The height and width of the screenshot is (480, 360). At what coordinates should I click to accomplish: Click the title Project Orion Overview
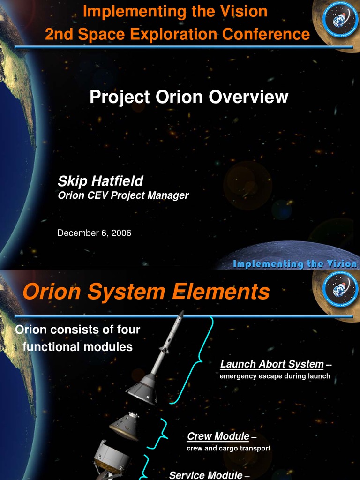click(x=189, y=97)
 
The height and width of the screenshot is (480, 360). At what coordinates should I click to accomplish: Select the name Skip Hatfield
click(x=100, y=181)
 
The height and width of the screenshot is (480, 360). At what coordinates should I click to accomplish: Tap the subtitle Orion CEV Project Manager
click(x=123, y=195)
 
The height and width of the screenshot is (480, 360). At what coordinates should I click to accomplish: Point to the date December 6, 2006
click(x=94, y=233)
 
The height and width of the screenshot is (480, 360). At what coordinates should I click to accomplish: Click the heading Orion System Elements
click(x=146, y=292)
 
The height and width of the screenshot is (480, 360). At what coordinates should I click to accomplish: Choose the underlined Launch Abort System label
click(x=272, y=364)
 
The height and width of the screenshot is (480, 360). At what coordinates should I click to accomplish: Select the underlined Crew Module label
click(x=218, y=436)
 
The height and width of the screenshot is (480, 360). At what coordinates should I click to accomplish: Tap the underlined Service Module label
click(x=206, y=475)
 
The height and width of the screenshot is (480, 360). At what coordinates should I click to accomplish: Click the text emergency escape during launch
click(x=275, y=376)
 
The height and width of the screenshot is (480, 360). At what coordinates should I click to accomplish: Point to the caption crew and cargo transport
click(x=228, y=448)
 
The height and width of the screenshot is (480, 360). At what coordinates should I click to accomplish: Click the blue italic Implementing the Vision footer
click(x=295, y=264)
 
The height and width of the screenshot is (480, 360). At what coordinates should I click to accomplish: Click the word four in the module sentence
click(x=128, y=330)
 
